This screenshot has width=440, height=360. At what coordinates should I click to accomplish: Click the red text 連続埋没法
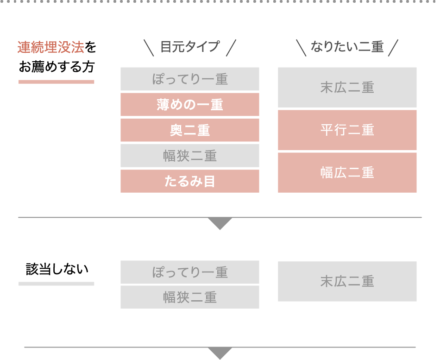pyautogui.click(x=51, y=47)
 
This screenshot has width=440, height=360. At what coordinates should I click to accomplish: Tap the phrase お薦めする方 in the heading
pyautogui.click(x=57, y=68)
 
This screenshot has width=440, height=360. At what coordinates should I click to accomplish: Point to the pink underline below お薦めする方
pyautogui.click(x=57, y=82)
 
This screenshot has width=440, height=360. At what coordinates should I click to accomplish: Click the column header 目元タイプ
pyautogui.click(x=190, y=47)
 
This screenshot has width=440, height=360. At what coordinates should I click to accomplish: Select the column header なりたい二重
pyautogui.click(x=347, y=47)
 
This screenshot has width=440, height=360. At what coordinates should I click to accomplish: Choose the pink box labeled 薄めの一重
pyautogui.click(x=190, y=105)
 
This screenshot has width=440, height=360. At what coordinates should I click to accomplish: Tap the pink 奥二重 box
pyautogui.click(x=190, y=130)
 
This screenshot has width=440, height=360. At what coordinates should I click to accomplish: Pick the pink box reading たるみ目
pyautogui.click(x=190, y=181)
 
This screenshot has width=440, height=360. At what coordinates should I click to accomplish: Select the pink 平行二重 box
pyautogui.click(x=347, y=130)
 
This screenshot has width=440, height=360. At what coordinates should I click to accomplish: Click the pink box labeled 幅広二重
pyautogui.click(x=347, y=172)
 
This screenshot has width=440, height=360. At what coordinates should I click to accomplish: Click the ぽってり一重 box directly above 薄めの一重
pyautogui.click(x=190, y=79)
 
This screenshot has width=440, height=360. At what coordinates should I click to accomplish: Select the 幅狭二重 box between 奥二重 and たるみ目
pyautogui.click(x=190, y=156)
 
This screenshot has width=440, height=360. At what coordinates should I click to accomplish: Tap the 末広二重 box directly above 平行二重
pyautogui.click(x=347, y=88)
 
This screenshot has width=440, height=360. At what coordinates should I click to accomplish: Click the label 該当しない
pyautogui.click(x=57, y=269)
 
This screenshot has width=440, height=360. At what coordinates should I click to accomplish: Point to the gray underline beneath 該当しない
pyautogui.click(x=57, y=284)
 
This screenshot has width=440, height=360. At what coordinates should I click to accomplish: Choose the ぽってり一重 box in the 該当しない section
pyautogui.click(x=190, y=272)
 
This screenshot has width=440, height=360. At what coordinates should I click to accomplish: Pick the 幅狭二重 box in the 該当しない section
pyautogui.click(x=190, y=297)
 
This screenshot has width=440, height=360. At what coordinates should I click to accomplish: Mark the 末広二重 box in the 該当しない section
pyautogui.click(x=347, y=281)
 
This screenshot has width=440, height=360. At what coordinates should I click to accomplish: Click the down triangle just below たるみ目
pyautogui.click(x=220, y=223)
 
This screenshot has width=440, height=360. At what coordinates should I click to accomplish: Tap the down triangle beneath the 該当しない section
pyautogui.click(x=220, y=353)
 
